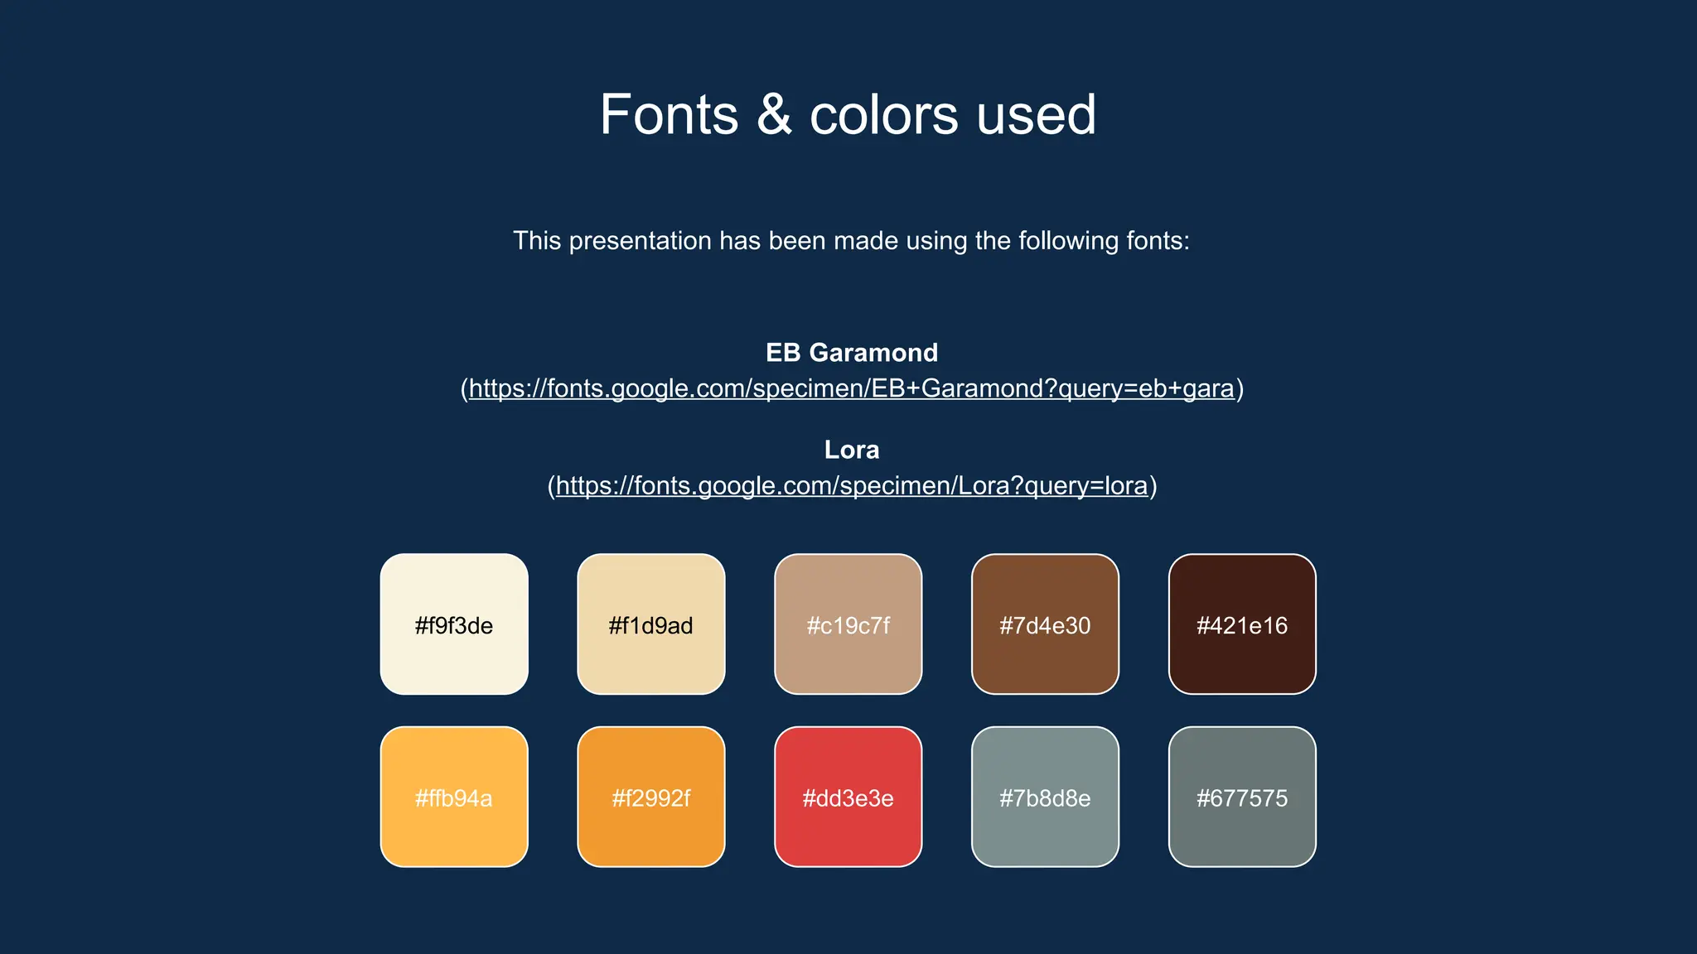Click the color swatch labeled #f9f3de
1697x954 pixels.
coord(454,624)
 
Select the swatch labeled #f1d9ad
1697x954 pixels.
coord(650,624)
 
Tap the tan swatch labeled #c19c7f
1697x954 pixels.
coord(848,624)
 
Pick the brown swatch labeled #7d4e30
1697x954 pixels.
coord(1045,624)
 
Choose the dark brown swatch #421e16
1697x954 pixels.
coord(1242,624)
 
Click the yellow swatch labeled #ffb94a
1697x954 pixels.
coord(454,797)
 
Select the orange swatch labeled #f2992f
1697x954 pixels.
coord(650,797)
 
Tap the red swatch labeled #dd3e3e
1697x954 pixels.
coord(848,797)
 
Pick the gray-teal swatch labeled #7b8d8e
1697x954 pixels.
coord(1045,797)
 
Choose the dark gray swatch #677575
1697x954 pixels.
coord(1242,797)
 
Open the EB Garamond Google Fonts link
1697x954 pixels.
coord(851,388)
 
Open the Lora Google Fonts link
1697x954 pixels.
coord(851,485)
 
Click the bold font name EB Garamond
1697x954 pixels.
coord(851,353)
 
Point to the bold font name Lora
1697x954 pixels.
coord(851,450)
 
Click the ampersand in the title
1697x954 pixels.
coord(774,114)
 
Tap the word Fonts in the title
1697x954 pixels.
coord(669,114)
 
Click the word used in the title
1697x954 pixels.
coord(1036,114)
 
